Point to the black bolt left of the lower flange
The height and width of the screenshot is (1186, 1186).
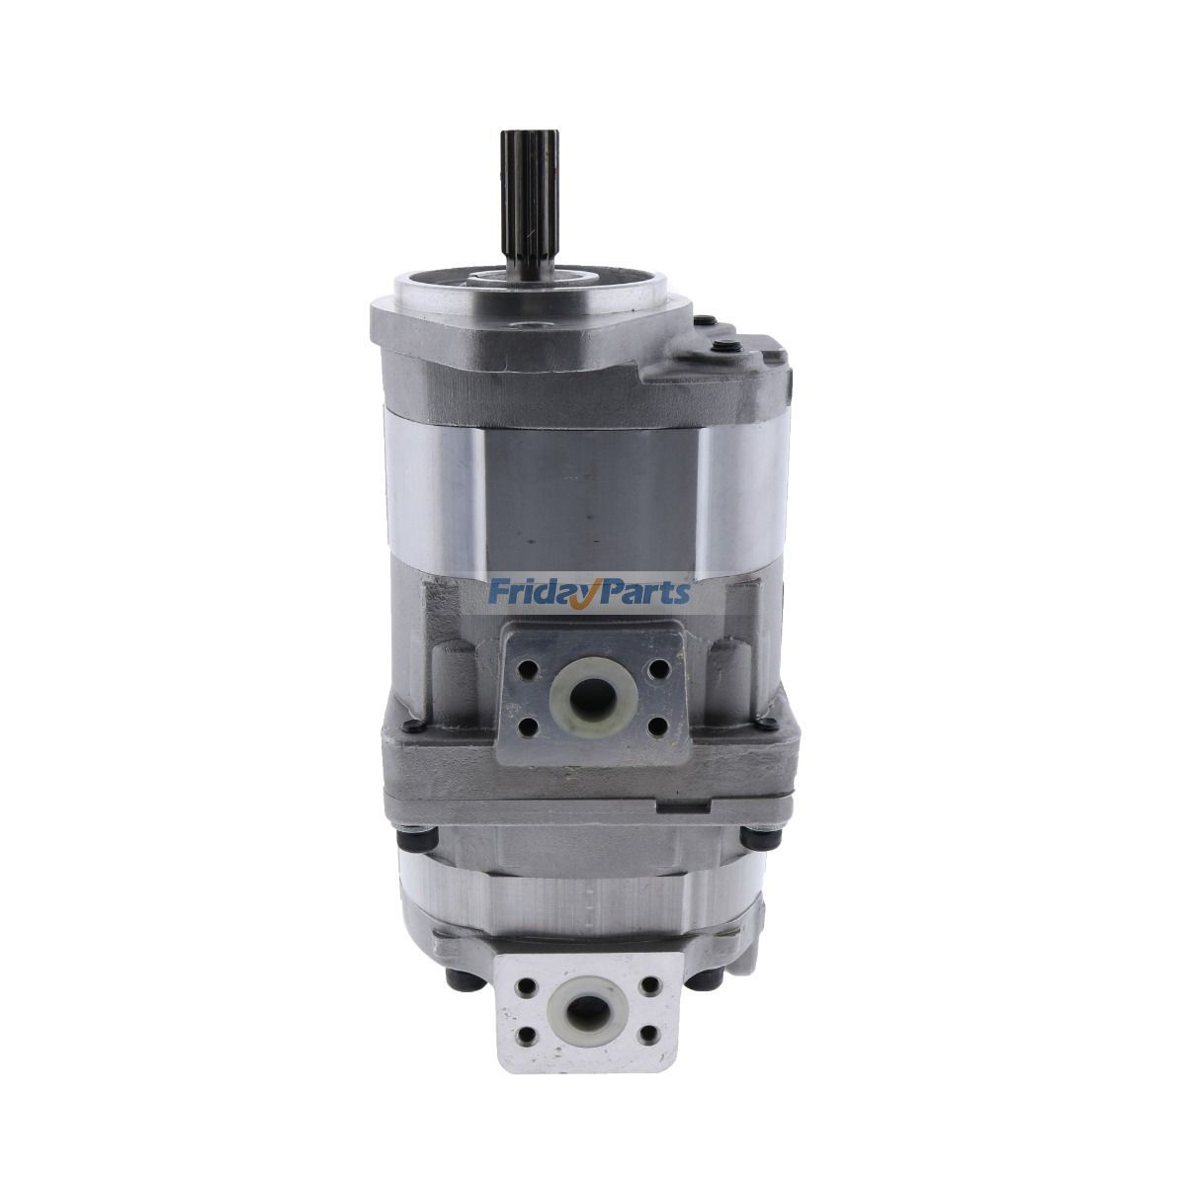pos(459,979)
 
